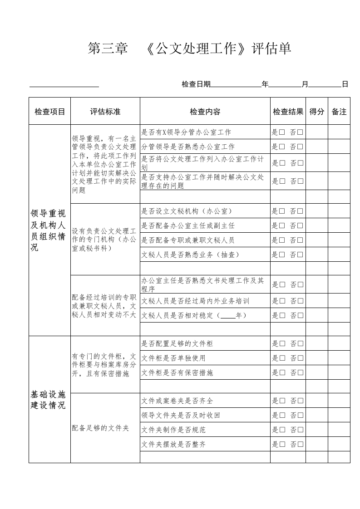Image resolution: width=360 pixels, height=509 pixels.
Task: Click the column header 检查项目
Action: (50, 112)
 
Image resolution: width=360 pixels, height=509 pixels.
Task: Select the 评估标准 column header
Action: (105, 112)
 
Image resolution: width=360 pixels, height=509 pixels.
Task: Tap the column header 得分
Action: (317, 112)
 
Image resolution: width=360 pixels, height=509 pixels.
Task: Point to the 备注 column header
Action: (339, 112)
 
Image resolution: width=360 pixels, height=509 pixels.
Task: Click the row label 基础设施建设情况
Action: (48, 400)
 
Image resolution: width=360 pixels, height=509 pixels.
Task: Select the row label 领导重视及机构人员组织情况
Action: (48, 230)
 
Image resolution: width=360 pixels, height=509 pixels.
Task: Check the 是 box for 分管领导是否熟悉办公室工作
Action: (282, 147)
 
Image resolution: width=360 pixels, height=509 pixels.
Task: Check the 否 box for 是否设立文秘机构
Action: (301, 211)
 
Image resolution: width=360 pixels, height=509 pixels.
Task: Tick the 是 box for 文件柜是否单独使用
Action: (282, 358)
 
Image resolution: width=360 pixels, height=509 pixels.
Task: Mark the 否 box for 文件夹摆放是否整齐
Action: (301, 445)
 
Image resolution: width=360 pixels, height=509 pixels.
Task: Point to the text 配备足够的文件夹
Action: (101, 428)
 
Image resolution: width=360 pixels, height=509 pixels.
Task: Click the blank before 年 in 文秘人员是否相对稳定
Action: (228, 316)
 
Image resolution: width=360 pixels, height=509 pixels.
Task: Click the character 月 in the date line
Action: (305, 84)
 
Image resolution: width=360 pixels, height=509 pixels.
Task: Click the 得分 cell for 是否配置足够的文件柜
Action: (317, 344)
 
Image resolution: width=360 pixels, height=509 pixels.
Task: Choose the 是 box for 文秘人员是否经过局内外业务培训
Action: (282, 301)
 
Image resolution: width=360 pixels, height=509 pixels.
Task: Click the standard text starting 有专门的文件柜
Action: (104, 365)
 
